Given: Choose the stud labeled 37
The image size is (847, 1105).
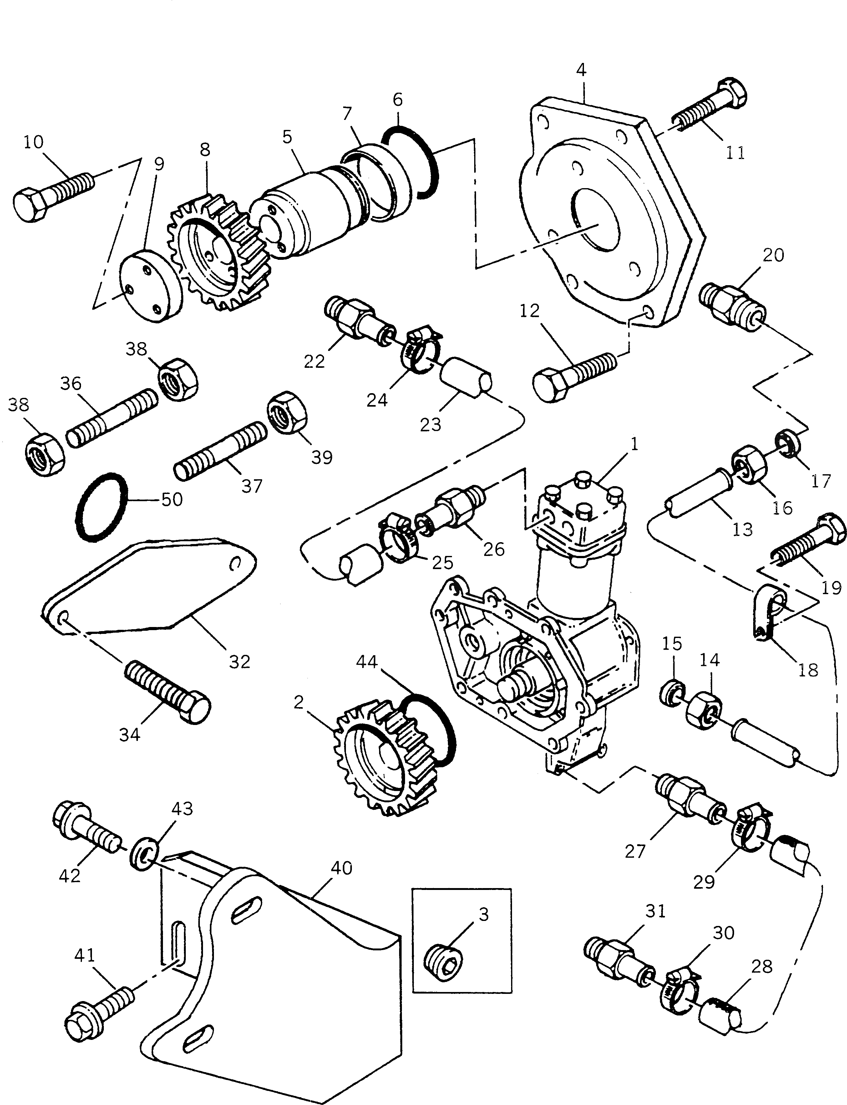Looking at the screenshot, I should coord(220,451).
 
